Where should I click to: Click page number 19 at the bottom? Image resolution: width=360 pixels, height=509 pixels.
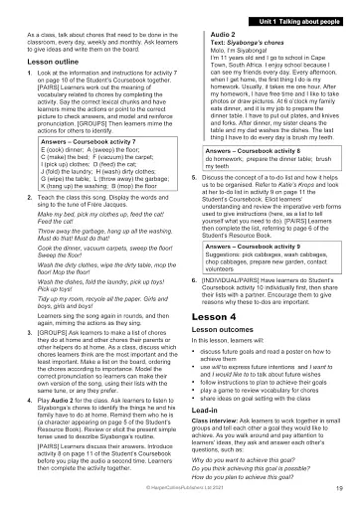click(340, 488)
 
